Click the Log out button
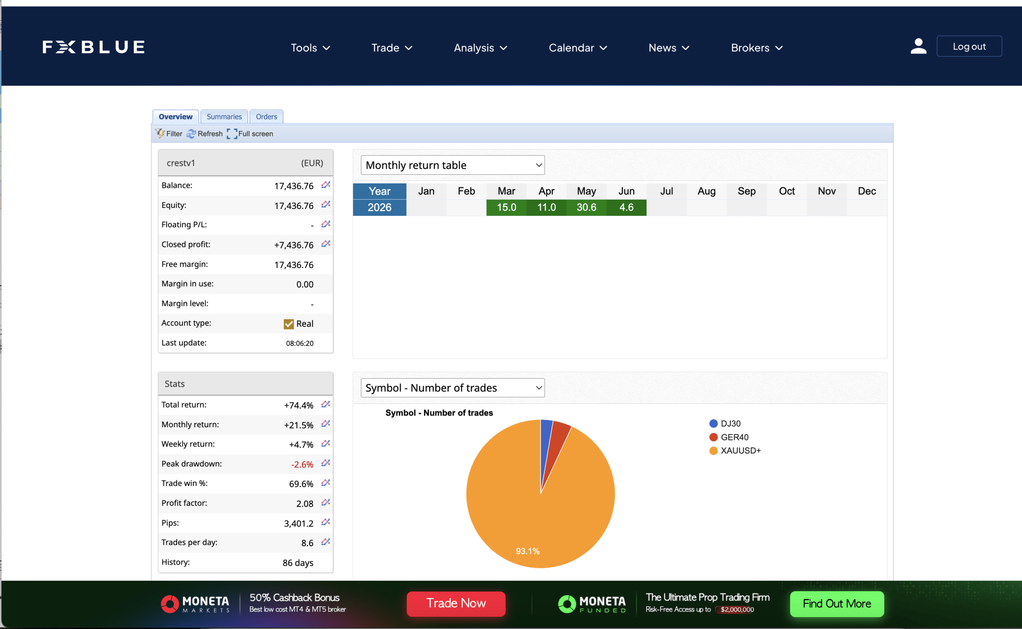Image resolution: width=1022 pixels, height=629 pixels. pyautogui.click(x=969, y=46)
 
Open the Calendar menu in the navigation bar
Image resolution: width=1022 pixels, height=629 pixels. pyautogui.click(x=577, y=48)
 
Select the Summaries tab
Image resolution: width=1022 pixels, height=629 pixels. pyautogui.click(x=224, y=116)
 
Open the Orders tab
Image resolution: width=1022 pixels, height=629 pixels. pyautogui.click(x=266, y=116)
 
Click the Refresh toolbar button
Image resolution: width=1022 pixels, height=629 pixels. pyautogui.click(x=205, y=134)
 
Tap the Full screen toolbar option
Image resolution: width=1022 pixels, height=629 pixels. pyautogui.click(x=250, y=134)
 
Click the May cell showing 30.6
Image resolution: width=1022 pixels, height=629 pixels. pyautogui.click(x=586, y=207)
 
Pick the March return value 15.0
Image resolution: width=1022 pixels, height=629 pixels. pyautogui.click(x=506, y=207)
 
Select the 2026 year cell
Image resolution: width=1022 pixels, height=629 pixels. pyautogui.click(x=379, y=207)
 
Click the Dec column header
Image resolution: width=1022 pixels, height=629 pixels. pyautogui.click(x=867, y=191)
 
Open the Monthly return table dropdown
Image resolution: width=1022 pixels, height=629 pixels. pyautogui.click(x=452, y=165)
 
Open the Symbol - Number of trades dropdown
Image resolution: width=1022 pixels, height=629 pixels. pyautogui.click(x=452, y=388)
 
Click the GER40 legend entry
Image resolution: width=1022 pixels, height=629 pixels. pyautogui.click(x=729, y=437)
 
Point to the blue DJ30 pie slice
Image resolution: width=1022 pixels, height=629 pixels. pyautogui.click(x=546, y=441)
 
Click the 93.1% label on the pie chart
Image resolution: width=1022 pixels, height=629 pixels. pyautogui.click(x=527, y=551)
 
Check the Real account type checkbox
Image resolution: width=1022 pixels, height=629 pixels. pyautogui.click(x=289, y=323)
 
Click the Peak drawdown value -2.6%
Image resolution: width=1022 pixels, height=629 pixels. pyautogui.click(x=302, y=464)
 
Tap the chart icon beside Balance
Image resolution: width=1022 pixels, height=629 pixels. pyautogui.click(x=325, y=185)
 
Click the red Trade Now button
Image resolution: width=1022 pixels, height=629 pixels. pyautogui.click(x=456, y=603)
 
